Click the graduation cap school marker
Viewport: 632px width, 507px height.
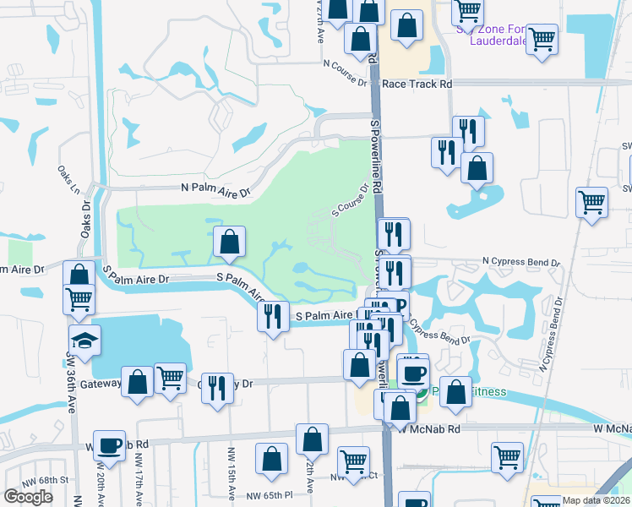pos(84,341)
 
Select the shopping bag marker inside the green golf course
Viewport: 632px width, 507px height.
pos(229,243)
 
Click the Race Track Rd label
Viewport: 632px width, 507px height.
pos(417,84)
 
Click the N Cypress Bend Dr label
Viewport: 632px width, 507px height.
pos(521,263)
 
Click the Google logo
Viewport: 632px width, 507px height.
pos(28,497)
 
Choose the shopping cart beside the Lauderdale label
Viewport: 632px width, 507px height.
pos(542,38)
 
